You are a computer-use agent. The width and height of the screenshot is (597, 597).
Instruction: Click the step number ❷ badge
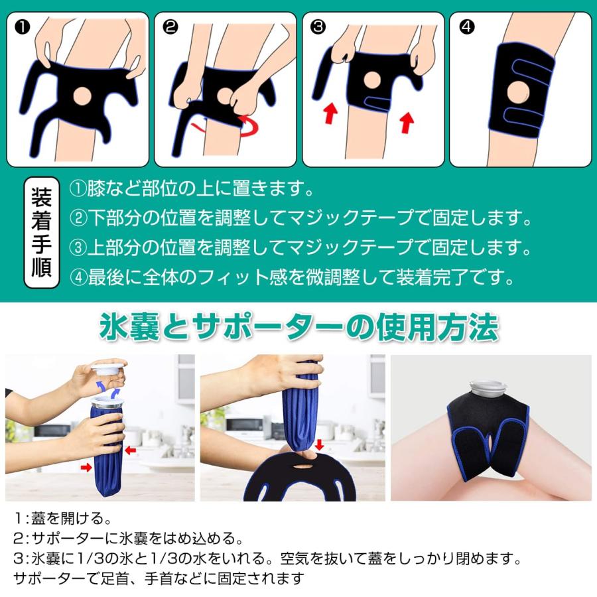(x=170, y=27)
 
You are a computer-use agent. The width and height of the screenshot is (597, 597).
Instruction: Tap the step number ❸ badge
(x=319, y=27)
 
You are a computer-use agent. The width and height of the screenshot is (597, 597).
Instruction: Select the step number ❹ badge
(x=467, y=27)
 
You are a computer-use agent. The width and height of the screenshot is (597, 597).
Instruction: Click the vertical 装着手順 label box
(x=42, y=232)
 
